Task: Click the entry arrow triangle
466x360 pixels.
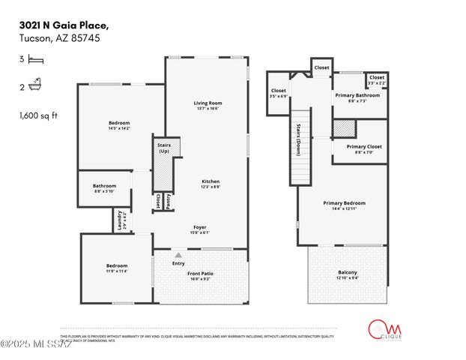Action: tap(178, 256)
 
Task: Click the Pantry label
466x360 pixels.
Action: tap(168, 201)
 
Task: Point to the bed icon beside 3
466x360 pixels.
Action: tap(35, 59)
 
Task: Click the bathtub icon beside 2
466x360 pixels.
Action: tap(35, 87)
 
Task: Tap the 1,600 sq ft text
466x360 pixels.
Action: tap(37, 115)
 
